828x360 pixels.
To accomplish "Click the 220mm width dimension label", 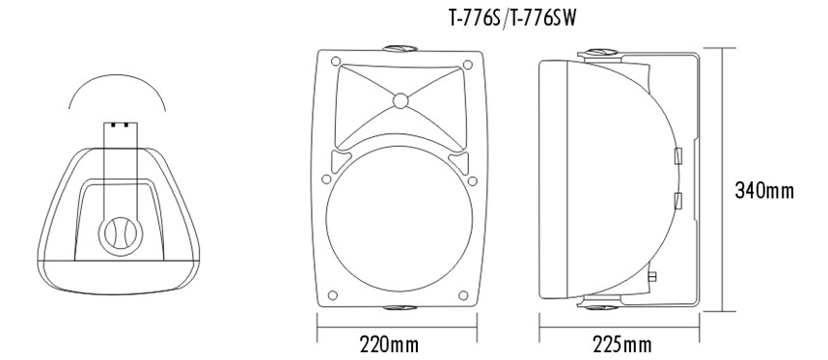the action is pyautogui.click(x=389, y=345).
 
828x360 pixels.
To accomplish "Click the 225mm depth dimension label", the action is pyautogui.click(x=622, y=345).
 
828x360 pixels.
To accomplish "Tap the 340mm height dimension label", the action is pyautogui.click(x=764, y=190).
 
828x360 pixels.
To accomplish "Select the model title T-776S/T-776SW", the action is pyautogui.click(x=512, y=18).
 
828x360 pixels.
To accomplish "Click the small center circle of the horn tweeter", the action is pyautogui.click(x=400, y=100).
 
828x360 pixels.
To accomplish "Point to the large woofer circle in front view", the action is pyautogui.click(x=399, y=219).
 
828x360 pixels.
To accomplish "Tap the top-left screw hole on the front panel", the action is pyautogui.click(x=336, y=61).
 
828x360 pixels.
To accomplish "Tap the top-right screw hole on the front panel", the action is pyautogui.click(x=467, y=65).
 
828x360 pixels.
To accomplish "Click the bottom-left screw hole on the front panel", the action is pyautogui.click(x=333, y=295).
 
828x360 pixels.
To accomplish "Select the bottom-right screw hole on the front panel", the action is pyautogui.click(x=463, y=295).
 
